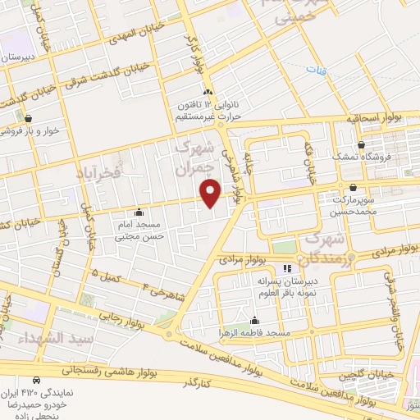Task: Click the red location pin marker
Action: (x=211, y=193)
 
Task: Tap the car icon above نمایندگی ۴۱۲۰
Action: (x=36, y=381)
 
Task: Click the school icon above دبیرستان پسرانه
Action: (x=287, y=268)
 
